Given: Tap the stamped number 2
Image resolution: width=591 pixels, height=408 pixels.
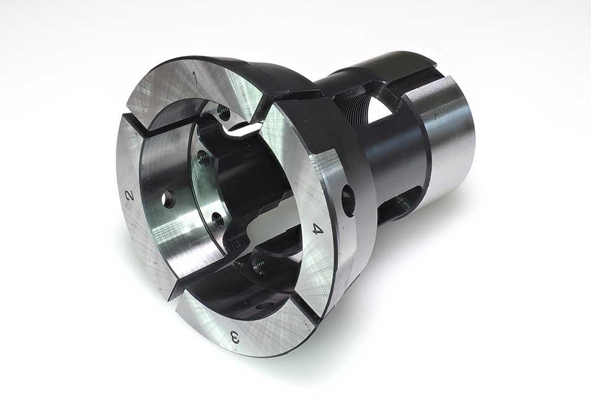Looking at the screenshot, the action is pos(129,195).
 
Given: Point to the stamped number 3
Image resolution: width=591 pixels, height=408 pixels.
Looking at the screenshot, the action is pos(234,336).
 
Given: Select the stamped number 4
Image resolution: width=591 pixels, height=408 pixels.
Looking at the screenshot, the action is pos(317,229).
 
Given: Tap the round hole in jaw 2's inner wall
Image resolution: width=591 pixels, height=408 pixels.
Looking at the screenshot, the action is pos(168,199).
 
